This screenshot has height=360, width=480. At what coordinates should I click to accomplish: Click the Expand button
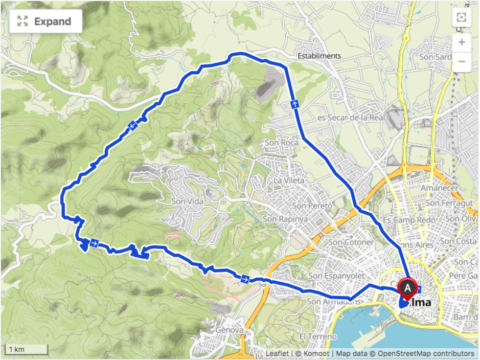(x=45, y=21)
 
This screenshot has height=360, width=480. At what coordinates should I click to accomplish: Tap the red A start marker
(x=407, y=288)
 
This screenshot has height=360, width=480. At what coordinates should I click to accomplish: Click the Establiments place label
(x=319, y=56)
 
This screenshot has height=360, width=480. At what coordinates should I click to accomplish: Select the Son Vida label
(x=187, y=201)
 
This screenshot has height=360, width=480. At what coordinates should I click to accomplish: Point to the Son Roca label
(x=281, y=143)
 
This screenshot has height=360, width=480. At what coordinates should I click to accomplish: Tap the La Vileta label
(x=289, y=181)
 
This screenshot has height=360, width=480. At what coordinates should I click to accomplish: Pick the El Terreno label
(x=318, y=336)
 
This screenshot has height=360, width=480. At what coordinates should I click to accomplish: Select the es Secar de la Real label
(x=351, y=117)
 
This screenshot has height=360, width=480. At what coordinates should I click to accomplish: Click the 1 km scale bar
(x=27, y=350)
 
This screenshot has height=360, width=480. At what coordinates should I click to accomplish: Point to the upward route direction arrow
(x=295, y=104)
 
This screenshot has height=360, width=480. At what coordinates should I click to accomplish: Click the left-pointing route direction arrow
(x=132, y=125)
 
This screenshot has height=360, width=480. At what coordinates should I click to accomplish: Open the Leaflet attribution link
(x=277, y=353)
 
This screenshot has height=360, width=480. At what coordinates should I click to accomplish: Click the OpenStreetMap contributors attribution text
(x=426, y=353)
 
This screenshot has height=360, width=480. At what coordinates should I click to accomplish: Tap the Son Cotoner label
(x=351, y=242)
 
